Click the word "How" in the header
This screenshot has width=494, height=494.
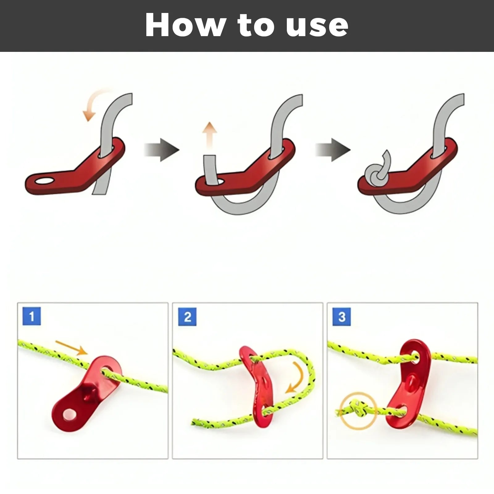coord(185,25)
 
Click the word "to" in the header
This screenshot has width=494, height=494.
coord(255,26)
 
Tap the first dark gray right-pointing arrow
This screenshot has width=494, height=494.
coord(161,150)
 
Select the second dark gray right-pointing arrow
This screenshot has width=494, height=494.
coord(333,150)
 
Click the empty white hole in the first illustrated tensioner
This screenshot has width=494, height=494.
coord(44,181)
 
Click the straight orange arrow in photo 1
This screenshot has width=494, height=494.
coord(71,347)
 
